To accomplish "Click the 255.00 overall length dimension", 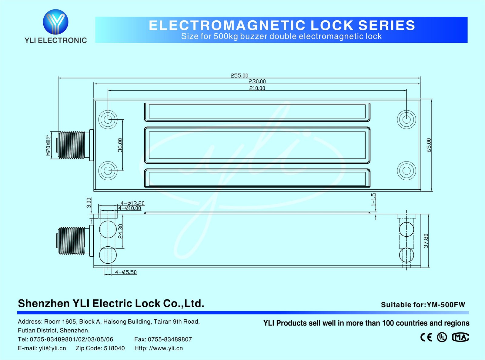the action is coord(239,75).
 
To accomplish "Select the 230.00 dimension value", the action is coord(257,82).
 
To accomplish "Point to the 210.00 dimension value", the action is coord(257,88).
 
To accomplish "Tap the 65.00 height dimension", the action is coord(429,145).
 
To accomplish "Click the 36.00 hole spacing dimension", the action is coord(120,145).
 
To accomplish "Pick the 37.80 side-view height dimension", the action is coord(426,241).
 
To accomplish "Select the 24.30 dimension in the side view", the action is coord(120,231).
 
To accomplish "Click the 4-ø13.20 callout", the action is coord(132,203).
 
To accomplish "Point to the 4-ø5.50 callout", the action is coord(126,272).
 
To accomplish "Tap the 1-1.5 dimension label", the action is coord(373,199).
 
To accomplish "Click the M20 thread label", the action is coord(48,145).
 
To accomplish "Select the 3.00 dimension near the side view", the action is coord(89,203).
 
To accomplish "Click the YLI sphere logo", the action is coord(55,22).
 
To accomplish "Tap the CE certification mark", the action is coord(426,337).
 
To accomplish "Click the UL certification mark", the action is coord(442,337).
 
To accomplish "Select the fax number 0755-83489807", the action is coord(170,339).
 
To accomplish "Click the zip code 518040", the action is coord(114,348).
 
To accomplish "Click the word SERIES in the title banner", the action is coord(386,25).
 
